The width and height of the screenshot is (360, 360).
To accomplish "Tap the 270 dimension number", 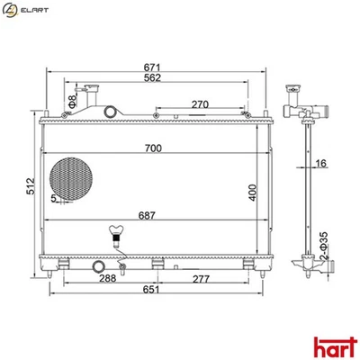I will coord(201,104).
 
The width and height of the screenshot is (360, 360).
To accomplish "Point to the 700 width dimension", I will coord(156,148).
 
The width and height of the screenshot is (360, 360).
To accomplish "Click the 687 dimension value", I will coord(156,215).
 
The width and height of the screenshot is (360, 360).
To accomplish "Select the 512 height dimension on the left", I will coord(30,185).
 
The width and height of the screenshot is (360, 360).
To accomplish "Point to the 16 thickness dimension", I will coord(320,165).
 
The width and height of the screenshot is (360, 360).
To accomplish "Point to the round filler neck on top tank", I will coord(111,112).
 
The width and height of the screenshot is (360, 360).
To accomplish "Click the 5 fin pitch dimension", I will coord(54,198).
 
